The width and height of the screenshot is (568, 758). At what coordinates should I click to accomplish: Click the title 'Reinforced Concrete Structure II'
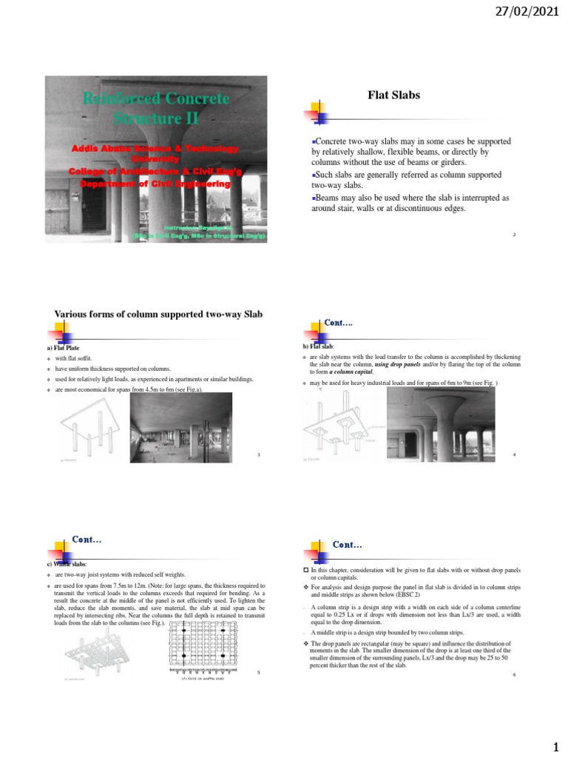coord(155,108)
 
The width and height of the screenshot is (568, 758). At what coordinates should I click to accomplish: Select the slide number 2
coord(513,235)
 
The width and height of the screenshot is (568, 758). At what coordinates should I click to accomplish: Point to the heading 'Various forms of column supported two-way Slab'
coord(159,314)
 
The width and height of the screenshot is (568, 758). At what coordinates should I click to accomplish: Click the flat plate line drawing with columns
coord(88,429)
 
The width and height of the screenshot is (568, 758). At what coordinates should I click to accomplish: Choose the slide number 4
coord(513,453)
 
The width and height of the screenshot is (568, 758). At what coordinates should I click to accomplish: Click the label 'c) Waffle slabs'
coord(67,565)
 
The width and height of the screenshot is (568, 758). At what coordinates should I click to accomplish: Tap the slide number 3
coord(259,454)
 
